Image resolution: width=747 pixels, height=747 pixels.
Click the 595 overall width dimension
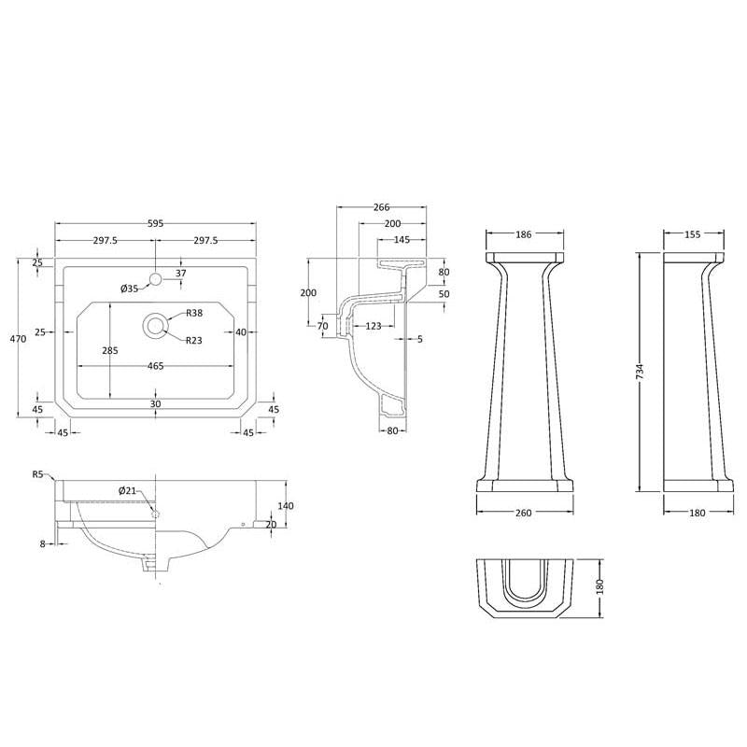[155, 223]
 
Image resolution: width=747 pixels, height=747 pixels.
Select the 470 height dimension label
[18, 339]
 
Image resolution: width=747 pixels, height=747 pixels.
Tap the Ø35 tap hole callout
[129, 289]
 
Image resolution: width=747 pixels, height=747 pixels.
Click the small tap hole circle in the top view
[155, 278]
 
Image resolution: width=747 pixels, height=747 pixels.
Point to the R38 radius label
[194, 313]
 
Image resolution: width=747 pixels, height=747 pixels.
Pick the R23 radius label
[194, 340]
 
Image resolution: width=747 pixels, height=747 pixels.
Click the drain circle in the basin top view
[155, 326]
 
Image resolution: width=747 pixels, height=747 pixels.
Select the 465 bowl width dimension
[155, 366]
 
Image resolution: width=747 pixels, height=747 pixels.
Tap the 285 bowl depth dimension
[110, 351]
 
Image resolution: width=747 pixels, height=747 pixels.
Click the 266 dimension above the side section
[382, 207]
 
